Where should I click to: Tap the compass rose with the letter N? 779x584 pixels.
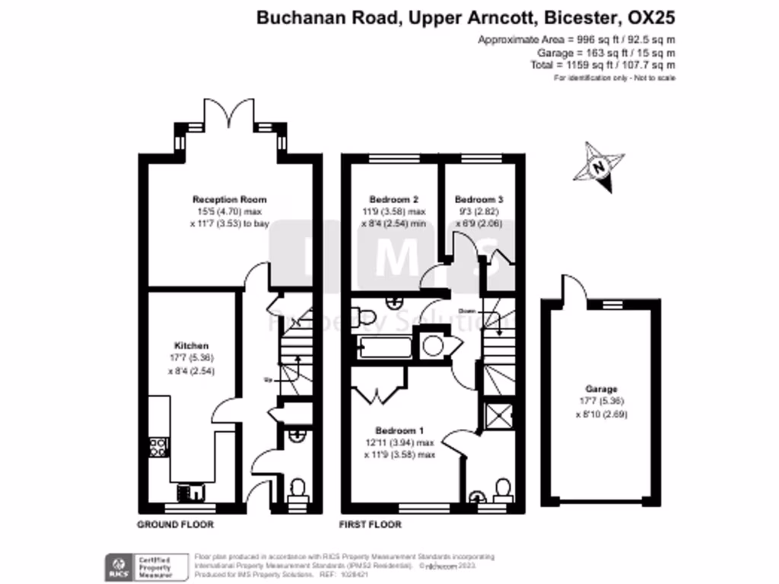[599, 166]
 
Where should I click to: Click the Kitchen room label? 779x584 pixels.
[191, 345]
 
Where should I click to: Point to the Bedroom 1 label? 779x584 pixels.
[403, 430]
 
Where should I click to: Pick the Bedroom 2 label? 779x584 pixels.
[393, 199]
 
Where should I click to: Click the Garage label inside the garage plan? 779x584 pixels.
[602, 389]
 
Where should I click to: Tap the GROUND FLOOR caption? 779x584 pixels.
[175, 525]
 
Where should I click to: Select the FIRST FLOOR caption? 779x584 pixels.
[370, 525]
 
